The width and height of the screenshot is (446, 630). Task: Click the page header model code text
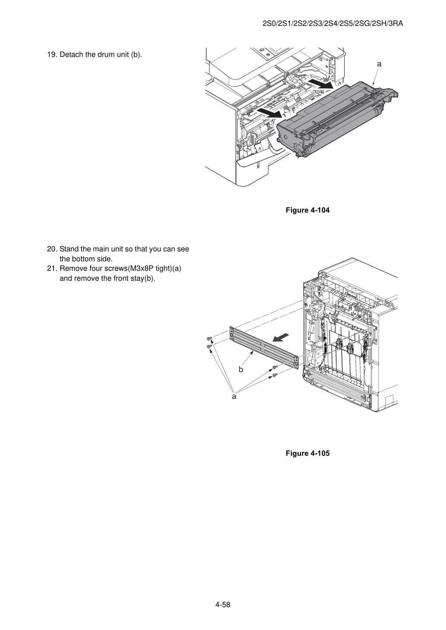(x=333, y=24)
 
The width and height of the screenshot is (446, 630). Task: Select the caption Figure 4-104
(x=307, y=210)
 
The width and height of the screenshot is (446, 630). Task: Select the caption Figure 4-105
(x=307, y=453)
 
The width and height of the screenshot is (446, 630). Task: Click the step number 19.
(x=52, y=55)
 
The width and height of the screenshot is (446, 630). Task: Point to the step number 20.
(x=52, y=249)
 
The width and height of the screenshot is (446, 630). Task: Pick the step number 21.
(x=52, y=269)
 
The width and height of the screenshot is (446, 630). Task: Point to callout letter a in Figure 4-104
(x=379, y=64)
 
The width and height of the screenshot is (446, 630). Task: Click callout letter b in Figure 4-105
(x=241, y=369)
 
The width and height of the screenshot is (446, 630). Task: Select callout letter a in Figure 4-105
(x=234, y=397)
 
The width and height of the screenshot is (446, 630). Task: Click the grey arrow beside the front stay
(x=281, y=337)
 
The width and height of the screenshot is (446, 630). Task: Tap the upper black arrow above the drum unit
(x=320, y=83)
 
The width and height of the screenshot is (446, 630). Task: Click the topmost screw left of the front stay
(x=209, y=339)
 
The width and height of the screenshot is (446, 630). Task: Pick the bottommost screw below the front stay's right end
(x=275, y=375)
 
